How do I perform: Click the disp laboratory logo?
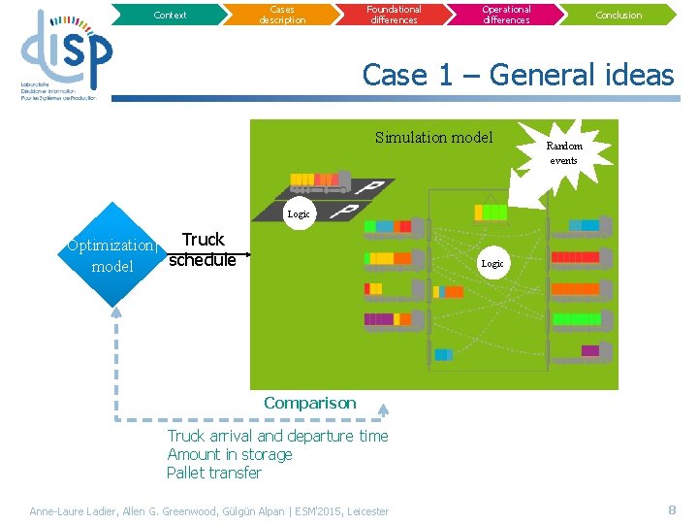(65, 54)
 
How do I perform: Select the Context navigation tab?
(171, 15)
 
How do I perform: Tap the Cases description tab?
(282, 15)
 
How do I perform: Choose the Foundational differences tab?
(394, 15)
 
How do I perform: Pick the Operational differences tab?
(506, 15)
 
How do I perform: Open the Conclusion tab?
(619, 15)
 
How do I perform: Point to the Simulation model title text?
(433, 138)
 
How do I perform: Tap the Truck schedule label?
(202, 249)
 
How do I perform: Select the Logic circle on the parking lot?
(299, 213)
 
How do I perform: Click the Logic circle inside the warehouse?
(492, 263)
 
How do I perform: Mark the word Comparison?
(309, 403)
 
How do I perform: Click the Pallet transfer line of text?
(214, 473)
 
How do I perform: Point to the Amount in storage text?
(230, 454)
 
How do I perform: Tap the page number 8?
(672, 509)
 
